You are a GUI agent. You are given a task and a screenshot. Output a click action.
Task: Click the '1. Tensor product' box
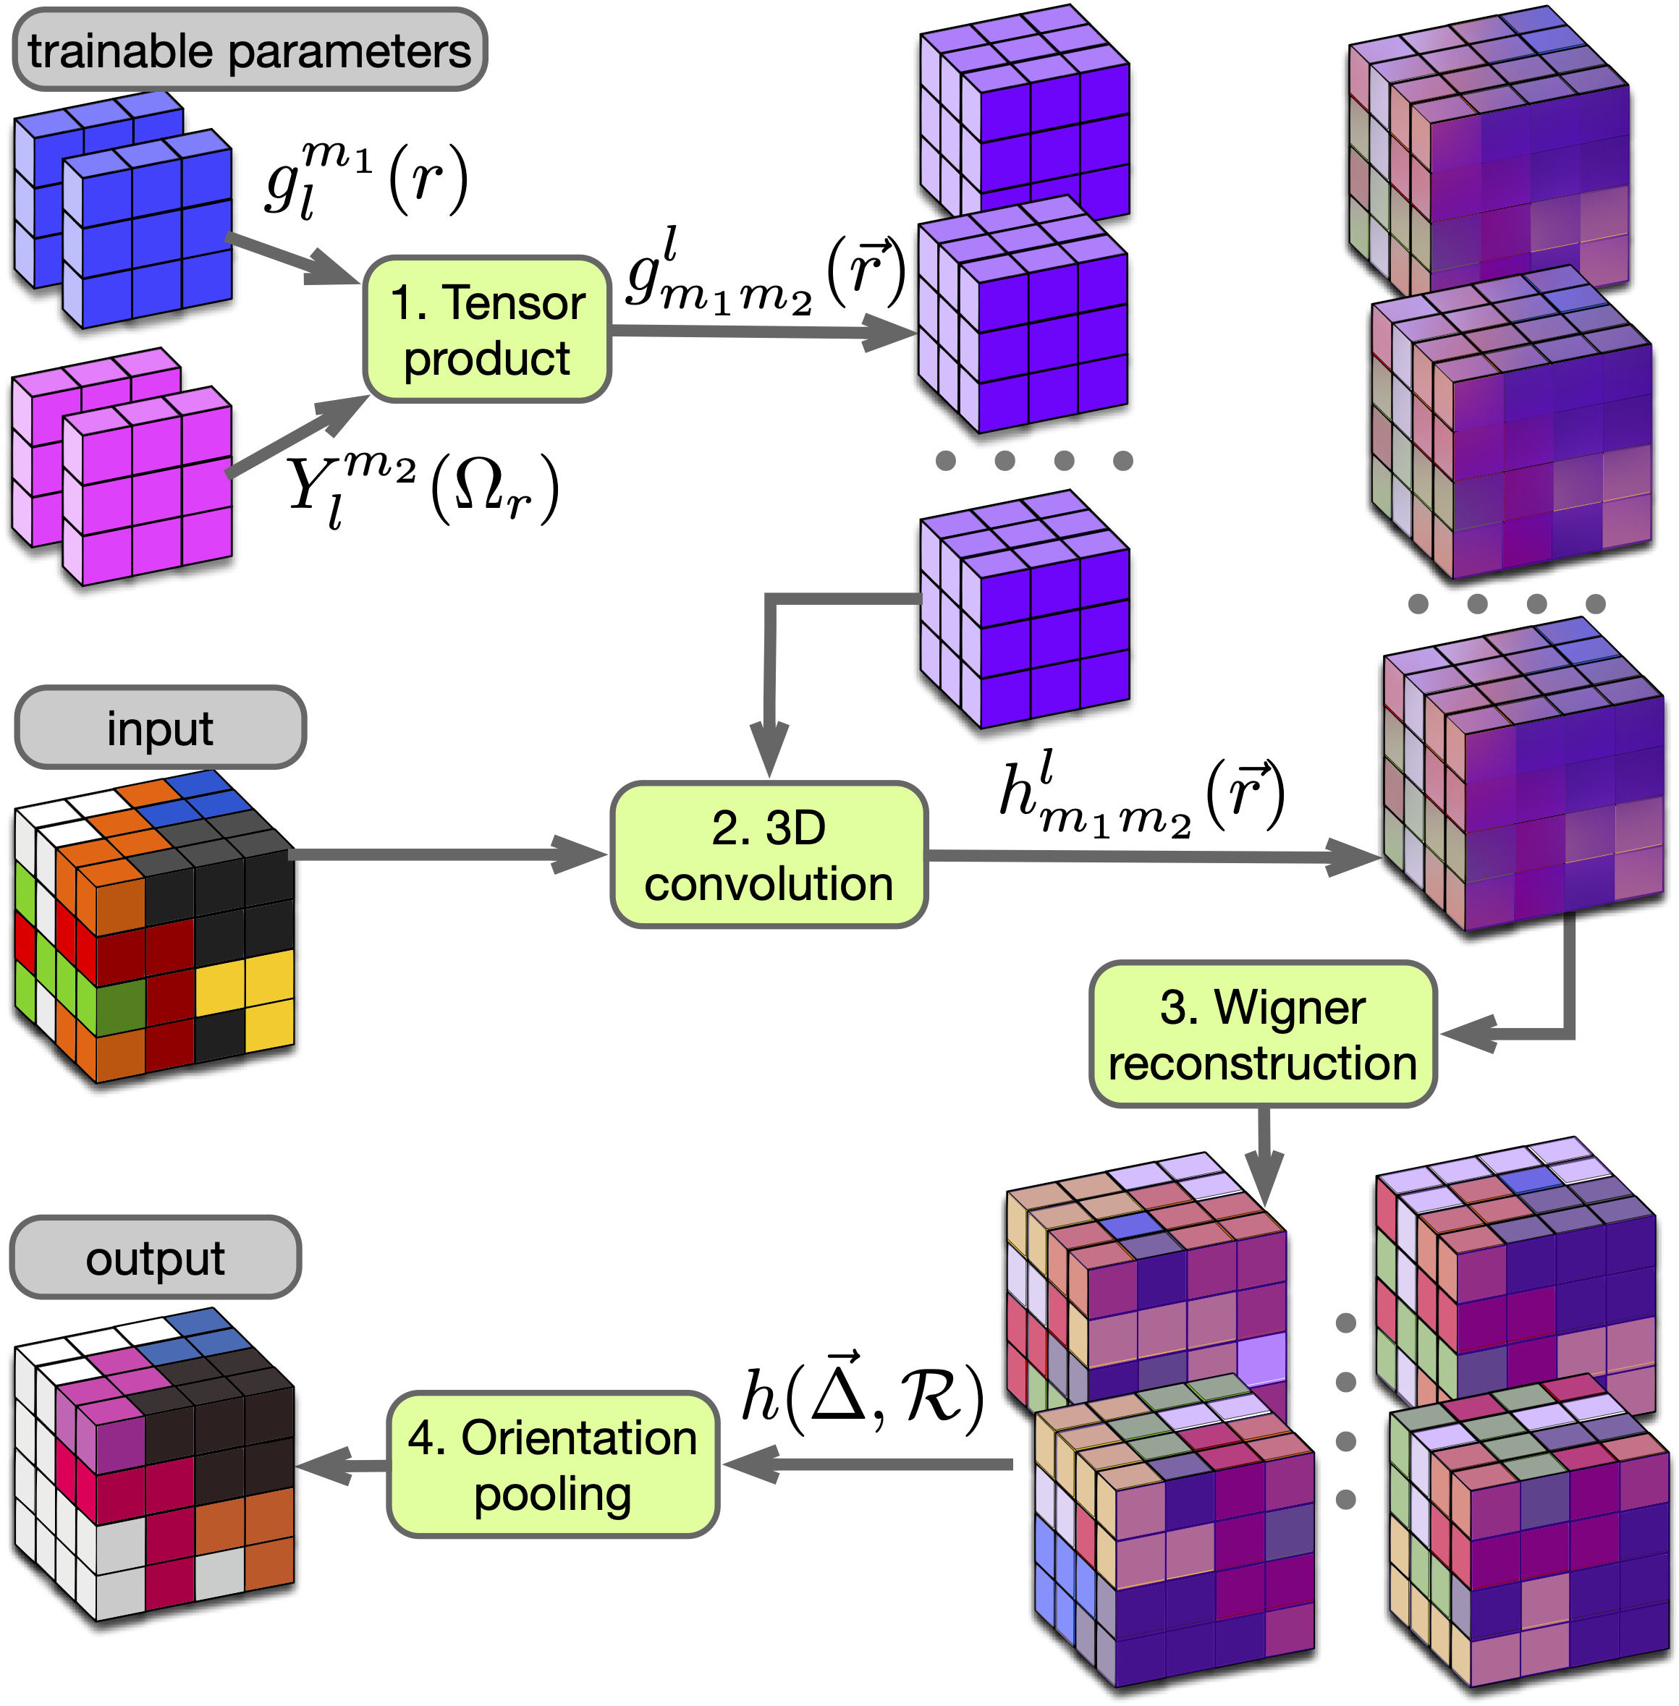(x=487, y=330)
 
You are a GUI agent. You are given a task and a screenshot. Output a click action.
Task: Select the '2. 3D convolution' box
(x=769, y=854)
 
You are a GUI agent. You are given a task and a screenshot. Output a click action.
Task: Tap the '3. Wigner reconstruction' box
(x=1263, y=1033)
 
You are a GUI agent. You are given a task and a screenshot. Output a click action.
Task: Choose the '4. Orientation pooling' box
(x=553, y=1464)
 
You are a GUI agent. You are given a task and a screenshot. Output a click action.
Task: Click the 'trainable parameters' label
(x=250, y=50)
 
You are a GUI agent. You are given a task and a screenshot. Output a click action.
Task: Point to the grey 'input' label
(x=161, y=727)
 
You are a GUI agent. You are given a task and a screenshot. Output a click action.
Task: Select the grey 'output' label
(x=155, y=1257)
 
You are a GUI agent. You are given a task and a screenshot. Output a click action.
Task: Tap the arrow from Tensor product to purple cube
(x=764, y=331)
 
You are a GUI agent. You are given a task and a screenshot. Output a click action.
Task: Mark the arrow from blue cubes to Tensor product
(x=294, y=259)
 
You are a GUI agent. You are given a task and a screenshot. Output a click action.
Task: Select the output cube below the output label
(x=153, y=1464)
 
